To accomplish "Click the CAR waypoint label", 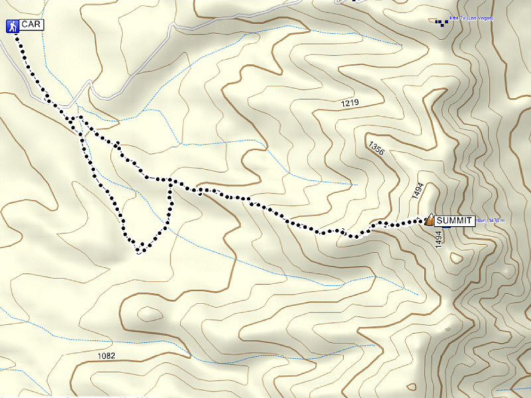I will tap(31, 25).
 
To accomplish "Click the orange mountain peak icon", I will tap(429, 219).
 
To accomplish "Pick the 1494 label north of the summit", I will tap(417, 192).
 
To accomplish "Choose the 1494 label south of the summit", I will tap(439, 239).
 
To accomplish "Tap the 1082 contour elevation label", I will tap(106, 356).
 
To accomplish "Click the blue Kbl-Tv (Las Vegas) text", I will tap(471, 18).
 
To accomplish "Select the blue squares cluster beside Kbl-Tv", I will tap(442, 23).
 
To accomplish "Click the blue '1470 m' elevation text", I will tap(495, 220).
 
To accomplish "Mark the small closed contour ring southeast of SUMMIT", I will tap(455, 257).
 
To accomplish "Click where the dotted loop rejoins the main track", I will tap(171, 180).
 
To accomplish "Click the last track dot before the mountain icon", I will tap(419, 221).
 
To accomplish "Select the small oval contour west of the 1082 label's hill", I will tap(149, 312).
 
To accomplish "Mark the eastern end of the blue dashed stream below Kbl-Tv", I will tap(402, 44).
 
